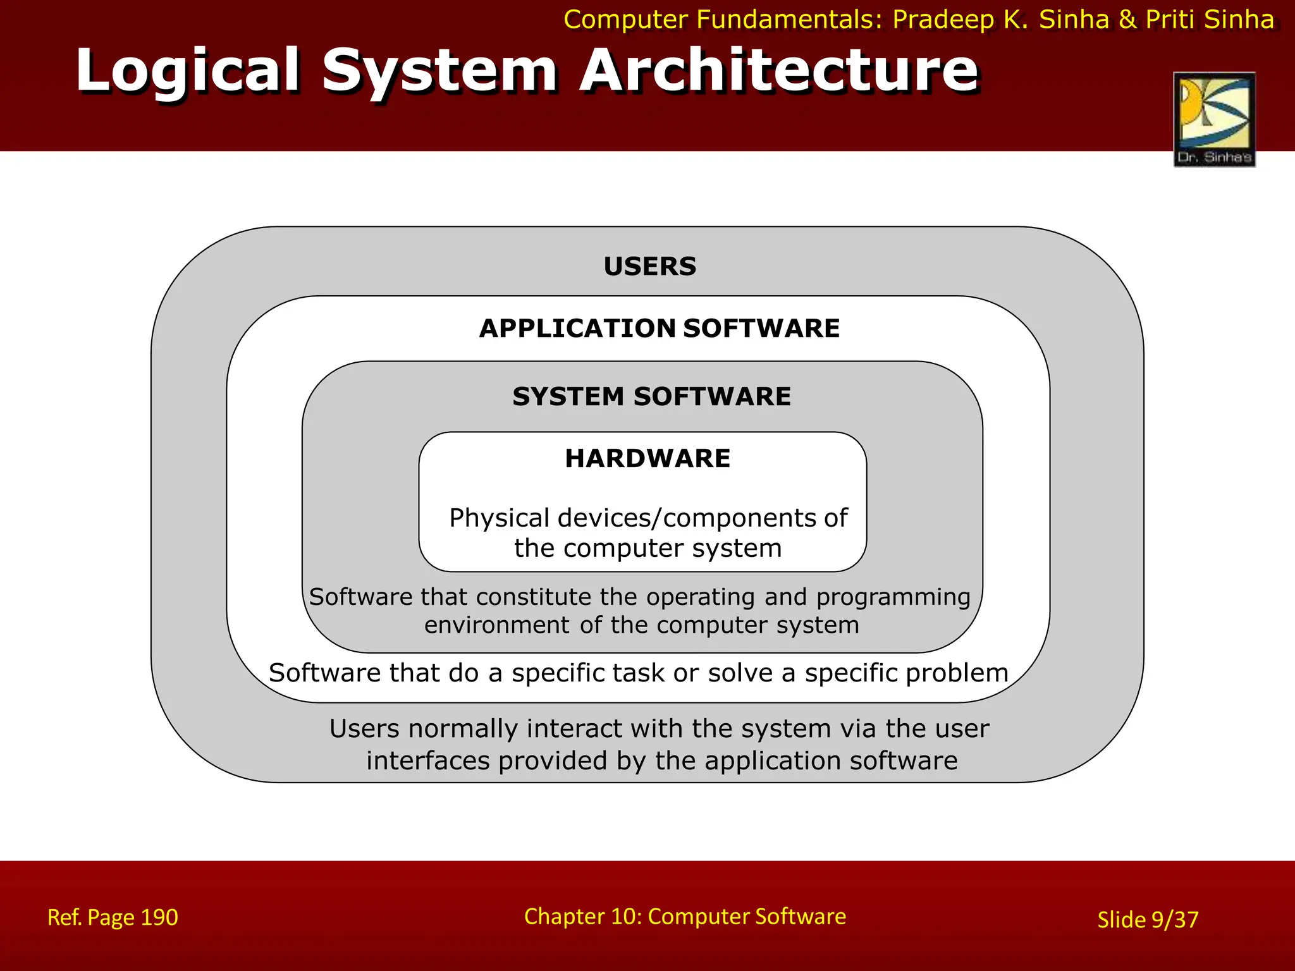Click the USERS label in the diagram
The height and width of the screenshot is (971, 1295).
tap(649, 266)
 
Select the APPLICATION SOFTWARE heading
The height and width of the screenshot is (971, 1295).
tap(659, 328)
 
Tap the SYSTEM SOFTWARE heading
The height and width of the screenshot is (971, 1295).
tap(651, 396)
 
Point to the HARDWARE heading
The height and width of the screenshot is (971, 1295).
tap(647, 458)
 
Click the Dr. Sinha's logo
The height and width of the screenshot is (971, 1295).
tap(1214, 119)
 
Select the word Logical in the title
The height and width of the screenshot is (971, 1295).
tap(188, 71)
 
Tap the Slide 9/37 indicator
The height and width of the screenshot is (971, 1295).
tap(1148, 919)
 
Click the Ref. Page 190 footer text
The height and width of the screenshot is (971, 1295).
tap(113, 917)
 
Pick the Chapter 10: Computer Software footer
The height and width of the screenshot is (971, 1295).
tap(685, 916)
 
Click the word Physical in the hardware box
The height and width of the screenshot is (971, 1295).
tap(500, 518)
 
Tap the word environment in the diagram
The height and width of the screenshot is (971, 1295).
tap(497, 625)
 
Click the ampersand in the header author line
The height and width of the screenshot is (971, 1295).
tap(1127, 20)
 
